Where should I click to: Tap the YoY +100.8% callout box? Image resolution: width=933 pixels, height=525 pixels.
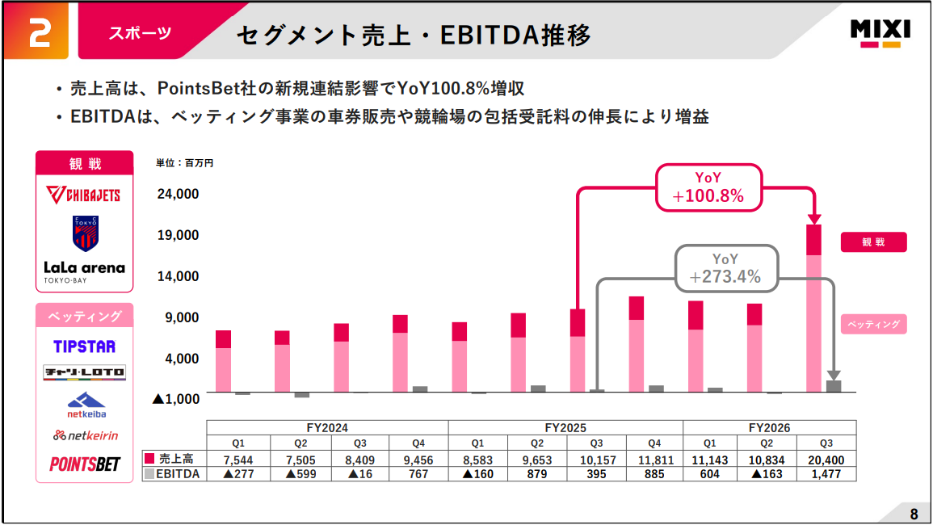[708, 187]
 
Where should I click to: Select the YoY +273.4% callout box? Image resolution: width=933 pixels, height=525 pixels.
[725, 268]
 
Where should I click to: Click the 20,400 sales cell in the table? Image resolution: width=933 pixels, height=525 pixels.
[826, 459]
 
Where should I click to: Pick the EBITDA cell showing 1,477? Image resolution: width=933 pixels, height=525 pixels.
[826, 474]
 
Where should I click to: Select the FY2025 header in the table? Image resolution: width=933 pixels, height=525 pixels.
[565, 428]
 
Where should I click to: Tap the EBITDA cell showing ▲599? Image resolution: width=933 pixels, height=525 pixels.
[300, 474]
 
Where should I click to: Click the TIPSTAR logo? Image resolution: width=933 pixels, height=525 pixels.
[84, 346]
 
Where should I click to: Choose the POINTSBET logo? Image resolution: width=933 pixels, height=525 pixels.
[84, 464]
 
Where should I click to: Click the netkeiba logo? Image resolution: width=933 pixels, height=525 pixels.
[84, 404]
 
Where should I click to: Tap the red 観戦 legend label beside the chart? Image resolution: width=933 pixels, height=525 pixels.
[873, 242]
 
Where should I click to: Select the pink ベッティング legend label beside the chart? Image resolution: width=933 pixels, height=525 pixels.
[873, 324]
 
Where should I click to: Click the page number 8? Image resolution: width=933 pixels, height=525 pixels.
[914, 514]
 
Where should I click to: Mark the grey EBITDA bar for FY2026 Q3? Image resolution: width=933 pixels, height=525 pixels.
[834, 386]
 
